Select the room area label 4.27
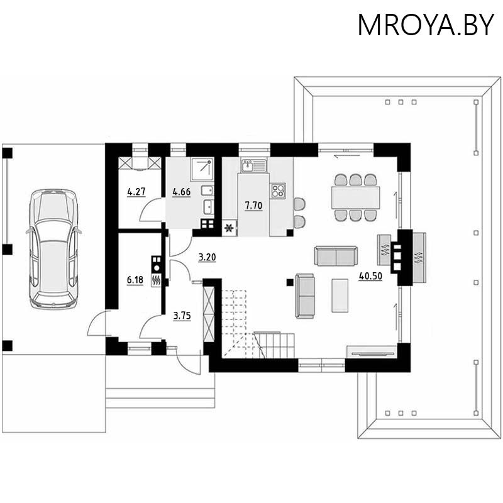(135, 191)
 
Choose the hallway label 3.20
(207, 257)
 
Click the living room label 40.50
(370, 277)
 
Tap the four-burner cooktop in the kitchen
(278, 190)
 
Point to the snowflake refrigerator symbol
(229, 228)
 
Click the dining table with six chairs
(356, 197)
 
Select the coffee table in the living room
(340, 295)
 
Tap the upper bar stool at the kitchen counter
(299, 204)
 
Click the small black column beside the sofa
(290, 282)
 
